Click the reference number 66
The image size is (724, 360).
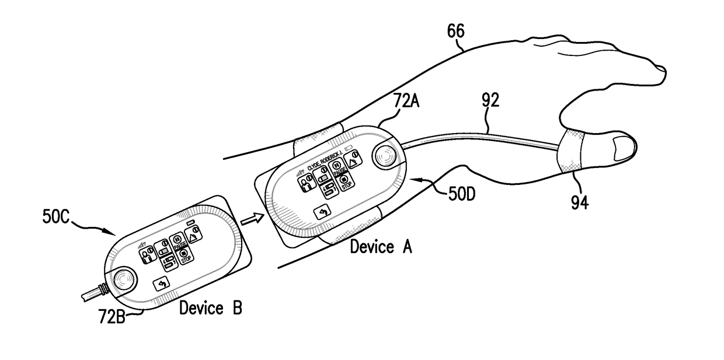456,31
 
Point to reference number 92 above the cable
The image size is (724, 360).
490,101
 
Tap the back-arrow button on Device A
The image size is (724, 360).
322,214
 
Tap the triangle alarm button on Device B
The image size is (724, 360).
196,233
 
